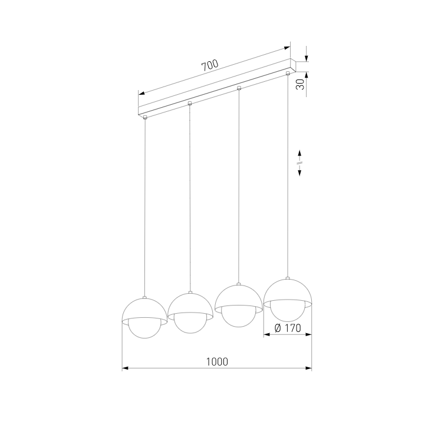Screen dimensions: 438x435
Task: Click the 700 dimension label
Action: [210, 65]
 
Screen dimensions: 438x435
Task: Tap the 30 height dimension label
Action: [300, 84]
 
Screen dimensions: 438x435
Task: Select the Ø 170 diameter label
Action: [288, 328]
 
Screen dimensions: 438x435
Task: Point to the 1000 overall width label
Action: [217, 361]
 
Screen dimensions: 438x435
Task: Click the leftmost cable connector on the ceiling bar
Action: [145, 117]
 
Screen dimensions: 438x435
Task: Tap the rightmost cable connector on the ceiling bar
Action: [288, 74]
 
